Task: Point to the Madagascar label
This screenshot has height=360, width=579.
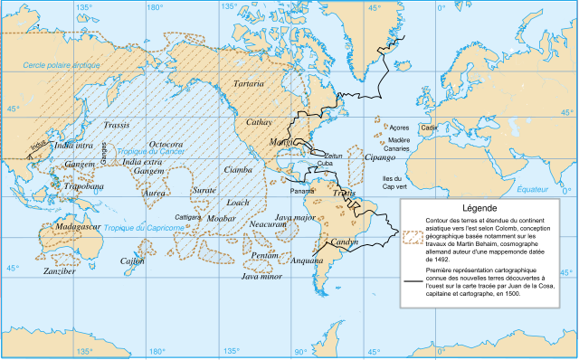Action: click(x=77, y=226)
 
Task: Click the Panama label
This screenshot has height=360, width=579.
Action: click(x=304, y=192)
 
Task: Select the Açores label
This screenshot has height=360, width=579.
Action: click(x=399, y=128)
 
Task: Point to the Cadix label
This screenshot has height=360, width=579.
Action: click(x=431, y=128)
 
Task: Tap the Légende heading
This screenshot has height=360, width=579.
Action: click(x=481, y=206)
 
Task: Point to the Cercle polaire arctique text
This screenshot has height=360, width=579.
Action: click(x=62, y=66)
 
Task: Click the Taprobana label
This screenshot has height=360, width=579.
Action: click(x=81, y=186)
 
